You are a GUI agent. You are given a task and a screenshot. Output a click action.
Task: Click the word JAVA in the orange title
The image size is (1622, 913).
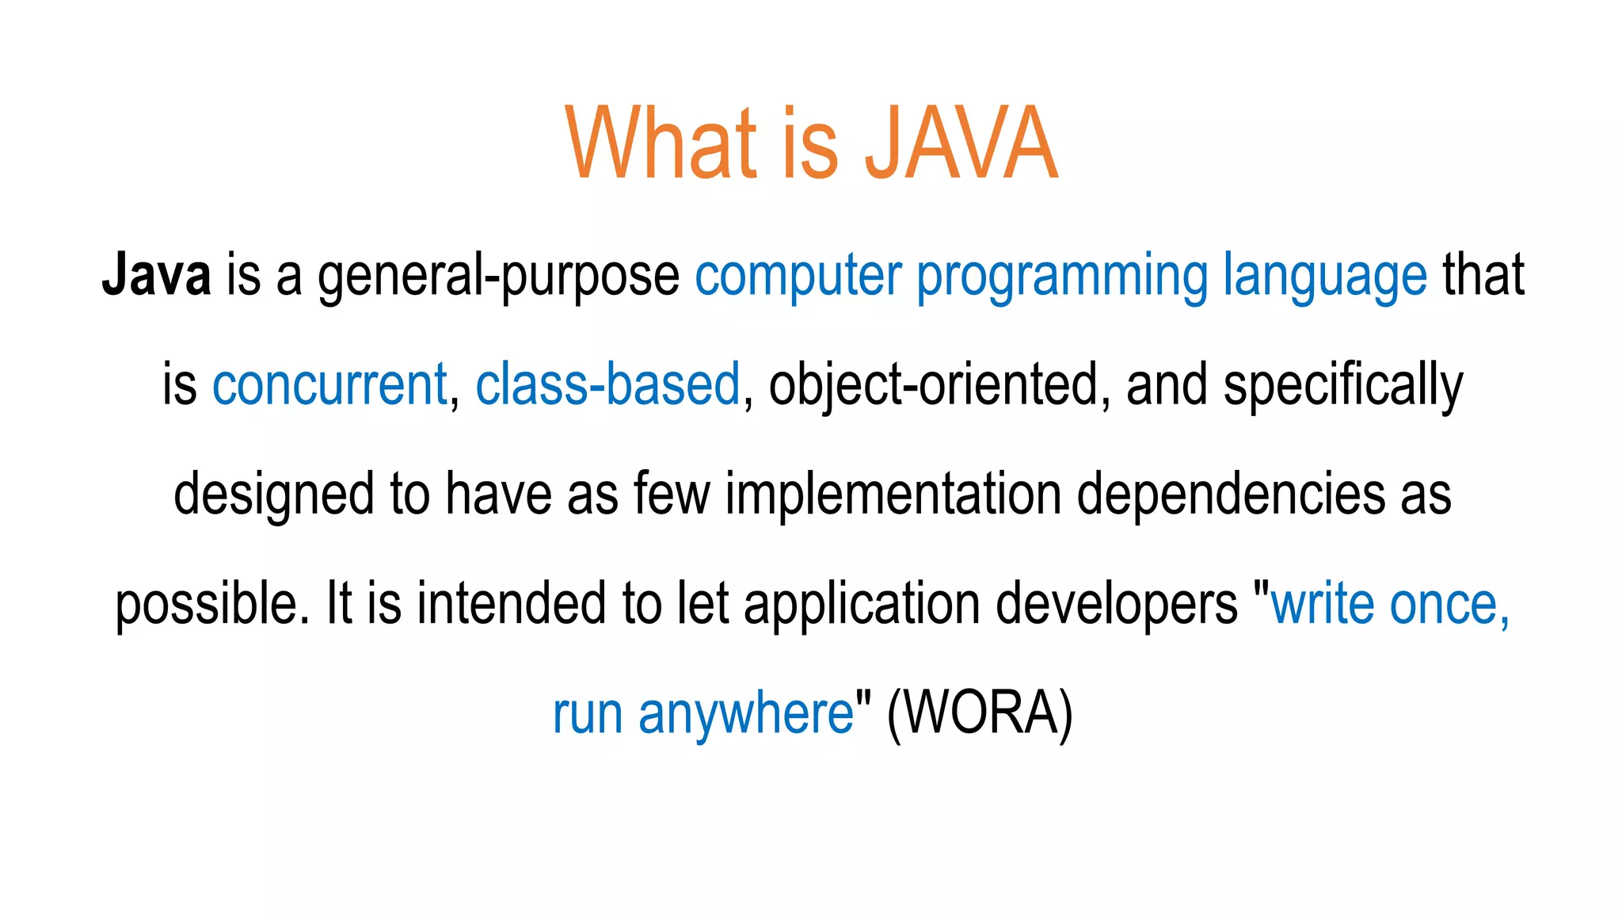tap(961, 144)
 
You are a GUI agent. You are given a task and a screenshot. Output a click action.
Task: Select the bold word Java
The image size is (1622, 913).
tap(157, 275)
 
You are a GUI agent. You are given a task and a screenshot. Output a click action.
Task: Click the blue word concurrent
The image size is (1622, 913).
tap(329, 385)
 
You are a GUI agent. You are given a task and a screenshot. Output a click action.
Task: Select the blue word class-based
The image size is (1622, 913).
tap(607, 385)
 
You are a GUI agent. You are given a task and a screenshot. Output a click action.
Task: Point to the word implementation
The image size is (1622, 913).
tap(893, 495)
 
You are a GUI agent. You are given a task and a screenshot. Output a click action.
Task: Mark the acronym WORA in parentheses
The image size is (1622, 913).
tap(980, 713)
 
